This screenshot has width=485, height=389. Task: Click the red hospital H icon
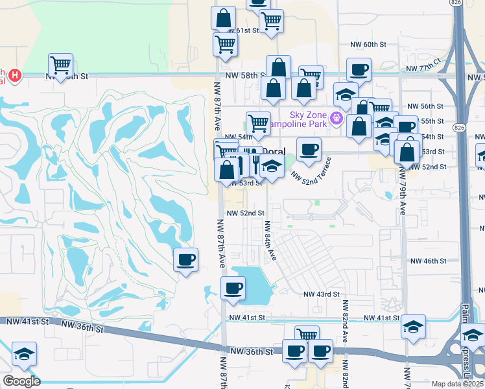pos(14,76)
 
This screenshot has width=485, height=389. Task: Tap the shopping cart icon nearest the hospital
pos(60,65)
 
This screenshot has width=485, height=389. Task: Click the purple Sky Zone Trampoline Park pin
pos(336,118)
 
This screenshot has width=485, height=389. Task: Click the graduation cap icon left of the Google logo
pos(24,354)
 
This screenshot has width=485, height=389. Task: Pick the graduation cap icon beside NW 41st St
pos(412,327)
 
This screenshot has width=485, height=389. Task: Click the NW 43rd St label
pos(323,294)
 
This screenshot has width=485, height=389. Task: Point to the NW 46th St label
pos(429,261)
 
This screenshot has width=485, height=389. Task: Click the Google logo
pos(21,381)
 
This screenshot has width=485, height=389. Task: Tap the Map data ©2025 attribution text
pos(458,384)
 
